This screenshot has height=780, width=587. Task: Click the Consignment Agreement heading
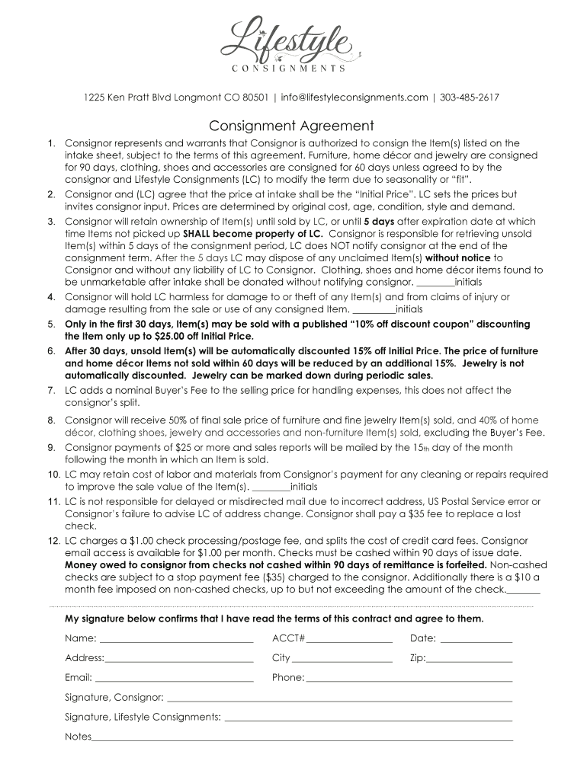292,126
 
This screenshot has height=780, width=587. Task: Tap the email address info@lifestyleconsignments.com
354,97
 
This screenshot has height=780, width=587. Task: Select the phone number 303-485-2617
470,97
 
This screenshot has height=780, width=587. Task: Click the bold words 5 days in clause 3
379,222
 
